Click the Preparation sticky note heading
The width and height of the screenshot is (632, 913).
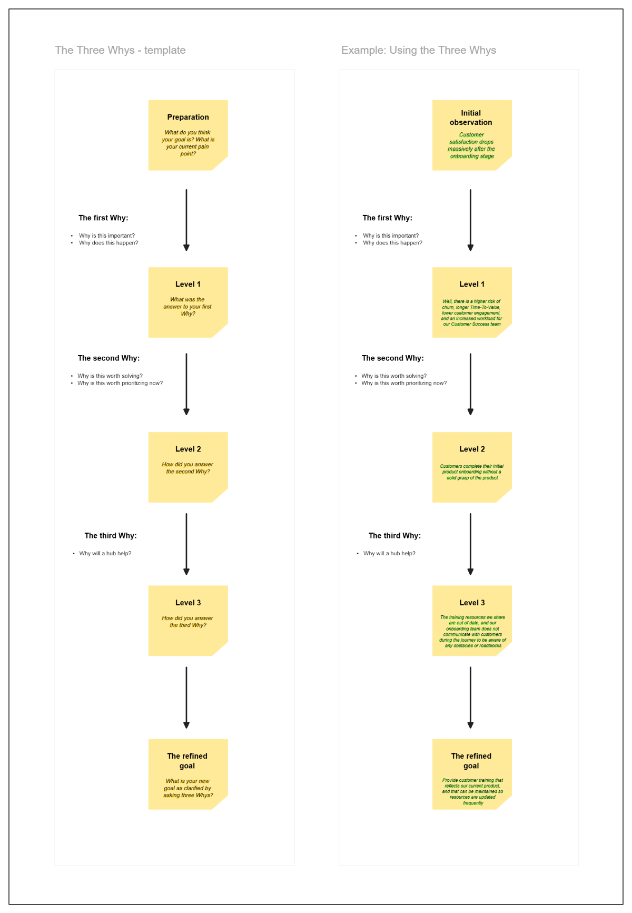pos(188,117)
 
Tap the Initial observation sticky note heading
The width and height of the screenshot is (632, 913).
pos(471,117)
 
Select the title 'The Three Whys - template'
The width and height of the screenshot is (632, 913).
pos(120,50)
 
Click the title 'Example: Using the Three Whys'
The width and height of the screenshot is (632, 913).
pos(419,50)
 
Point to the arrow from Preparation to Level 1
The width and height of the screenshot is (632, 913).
pos(186,220)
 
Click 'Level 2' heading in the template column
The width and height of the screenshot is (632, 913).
pos(188,449)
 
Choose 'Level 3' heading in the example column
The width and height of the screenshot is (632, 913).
pos(472,603)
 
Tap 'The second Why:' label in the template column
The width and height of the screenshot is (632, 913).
pos(108,358)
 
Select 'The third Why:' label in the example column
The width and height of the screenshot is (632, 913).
pos(394,536)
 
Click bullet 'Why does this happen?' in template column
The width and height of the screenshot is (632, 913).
pos(108,243)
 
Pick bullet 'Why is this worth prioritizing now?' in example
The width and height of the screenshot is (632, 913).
pos(404,383)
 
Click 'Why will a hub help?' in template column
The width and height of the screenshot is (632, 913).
pos(105,553)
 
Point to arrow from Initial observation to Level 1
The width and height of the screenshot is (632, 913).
pos(470,220)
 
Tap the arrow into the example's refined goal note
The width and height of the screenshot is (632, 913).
pos(470,697)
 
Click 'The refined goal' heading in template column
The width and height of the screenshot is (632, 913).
pos(187,761)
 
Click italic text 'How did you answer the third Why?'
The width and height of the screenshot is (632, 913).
pos(187,622)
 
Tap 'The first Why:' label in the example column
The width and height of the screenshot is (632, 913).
pos(387,218)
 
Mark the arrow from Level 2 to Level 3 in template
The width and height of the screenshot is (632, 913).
pos(186,544)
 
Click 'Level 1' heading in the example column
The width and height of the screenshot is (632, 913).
pos(472,284)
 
